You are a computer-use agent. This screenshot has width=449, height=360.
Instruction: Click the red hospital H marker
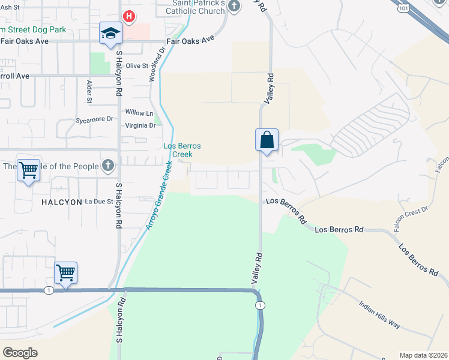128,16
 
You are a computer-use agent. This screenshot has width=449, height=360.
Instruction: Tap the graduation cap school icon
110,33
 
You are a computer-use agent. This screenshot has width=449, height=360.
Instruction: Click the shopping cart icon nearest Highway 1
65,272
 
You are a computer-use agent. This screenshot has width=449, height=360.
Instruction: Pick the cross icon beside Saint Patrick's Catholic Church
234,7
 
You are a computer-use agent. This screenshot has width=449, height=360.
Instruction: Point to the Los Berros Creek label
182,150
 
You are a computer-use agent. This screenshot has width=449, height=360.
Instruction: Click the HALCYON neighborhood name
61,202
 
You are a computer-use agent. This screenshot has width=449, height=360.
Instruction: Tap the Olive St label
136,65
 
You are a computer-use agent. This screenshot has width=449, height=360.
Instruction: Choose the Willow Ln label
139,113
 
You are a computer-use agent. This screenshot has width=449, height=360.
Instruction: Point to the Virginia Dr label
140,126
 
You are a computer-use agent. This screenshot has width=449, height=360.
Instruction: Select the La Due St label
99,202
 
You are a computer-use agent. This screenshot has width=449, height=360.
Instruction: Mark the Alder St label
89,92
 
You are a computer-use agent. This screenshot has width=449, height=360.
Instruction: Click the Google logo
20,353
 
